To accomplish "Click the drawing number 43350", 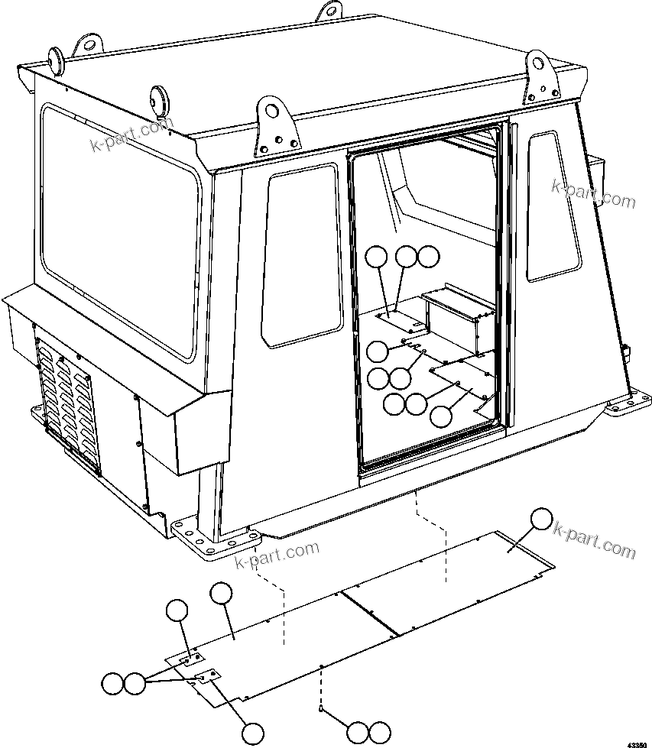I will pyautogui.click(x=638, y=743).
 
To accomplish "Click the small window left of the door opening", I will pyautogui.click(x=301, y=256).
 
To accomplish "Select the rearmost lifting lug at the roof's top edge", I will pyautogui.click(x=329, y=11).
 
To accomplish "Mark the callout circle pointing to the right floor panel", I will pyautogui.click(x=541, y=519).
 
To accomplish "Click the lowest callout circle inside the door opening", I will pyautogui.click(x=441, y=416).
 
